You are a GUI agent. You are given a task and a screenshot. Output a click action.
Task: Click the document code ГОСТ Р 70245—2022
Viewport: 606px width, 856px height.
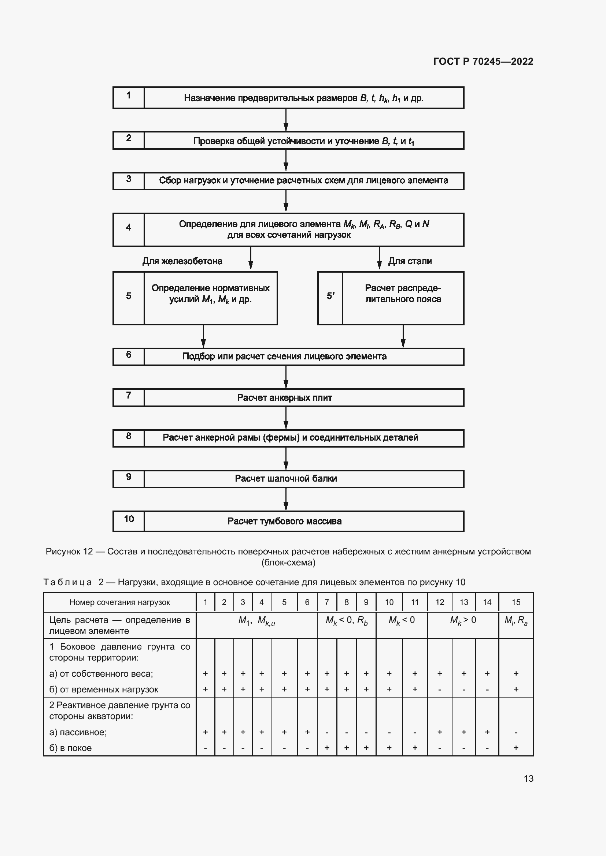pos(483,61)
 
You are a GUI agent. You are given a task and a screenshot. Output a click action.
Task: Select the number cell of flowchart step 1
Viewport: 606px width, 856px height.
pos(128,98)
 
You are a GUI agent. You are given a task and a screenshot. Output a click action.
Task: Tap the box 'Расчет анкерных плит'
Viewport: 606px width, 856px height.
pos(303,397)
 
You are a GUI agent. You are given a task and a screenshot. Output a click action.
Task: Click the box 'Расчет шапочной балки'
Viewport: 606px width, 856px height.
pos(303,479)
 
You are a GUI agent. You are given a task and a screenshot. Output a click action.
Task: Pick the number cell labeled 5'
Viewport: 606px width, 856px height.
pos(330,298)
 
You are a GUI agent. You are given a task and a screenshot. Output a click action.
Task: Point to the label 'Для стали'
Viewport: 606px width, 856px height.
pos(410,261)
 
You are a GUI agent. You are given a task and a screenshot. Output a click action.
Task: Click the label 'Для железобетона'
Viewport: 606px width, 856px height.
pos(182,261)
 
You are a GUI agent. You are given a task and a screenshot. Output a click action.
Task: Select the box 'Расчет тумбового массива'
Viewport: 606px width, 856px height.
pos(303,521)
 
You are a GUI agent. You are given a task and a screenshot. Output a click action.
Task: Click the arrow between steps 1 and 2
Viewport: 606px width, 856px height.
pos(286,120)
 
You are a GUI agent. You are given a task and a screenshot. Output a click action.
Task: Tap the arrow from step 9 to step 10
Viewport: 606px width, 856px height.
pos(286,499)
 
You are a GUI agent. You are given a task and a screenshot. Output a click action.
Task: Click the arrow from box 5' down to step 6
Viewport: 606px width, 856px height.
pos(403,336)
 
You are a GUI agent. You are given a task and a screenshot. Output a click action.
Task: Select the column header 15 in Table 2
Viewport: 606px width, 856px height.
pos(516,602)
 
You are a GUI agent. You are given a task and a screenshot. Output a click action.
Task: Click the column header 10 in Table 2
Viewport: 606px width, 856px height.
pos(389,602)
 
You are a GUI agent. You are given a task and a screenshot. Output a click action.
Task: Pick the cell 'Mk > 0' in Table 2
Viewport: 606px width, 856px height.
pos(463,620)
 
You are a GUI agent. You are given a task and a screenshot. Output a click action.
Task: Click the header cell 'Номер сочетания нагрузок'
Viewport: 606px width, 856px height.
pos(120,602)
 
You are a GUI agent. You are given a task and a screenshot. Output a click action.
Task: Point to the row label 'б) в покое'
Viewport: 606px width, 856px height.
pos(70,748)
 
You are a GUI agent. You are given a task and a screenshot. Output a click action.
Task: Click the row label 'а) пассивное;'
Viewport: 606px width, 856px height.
pos(78,732)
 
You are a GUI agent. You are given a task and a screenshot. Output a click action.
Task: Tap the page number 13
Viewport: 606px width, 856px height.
pos(528,778)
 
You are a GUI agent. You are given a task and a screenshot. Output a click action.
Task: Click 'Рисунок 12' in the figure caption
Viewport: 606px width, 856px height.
pos(69,552)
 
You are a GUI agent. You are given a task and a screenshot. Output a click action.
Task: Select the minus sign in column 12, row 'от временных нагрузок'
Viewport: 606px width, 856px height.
pos(440,690)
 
